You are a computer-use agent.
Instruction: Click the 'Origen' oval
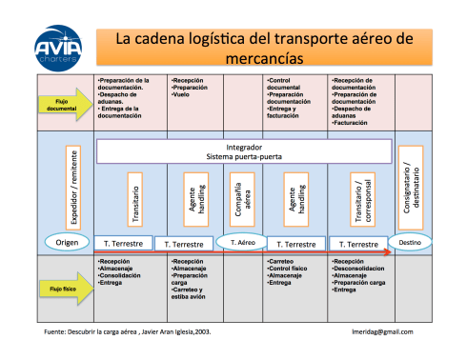(x=67, y=242)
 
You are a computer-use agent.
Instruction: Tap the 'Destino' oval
(x=410, y=243)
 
